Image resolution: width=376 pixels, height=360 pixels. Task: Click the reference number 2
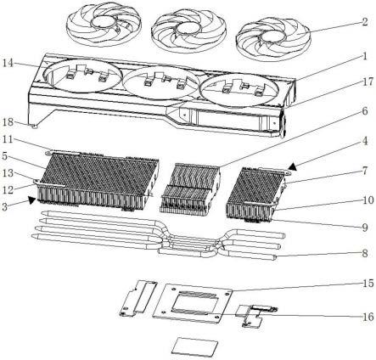coord(365,22)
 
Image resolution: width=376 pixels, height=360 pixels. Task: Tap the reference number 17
coord(368,82)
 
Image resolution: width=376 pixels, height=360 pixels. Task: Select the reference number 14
coord(8,63)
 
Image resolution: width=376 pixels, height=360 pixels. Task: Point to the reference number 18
coord(8,122)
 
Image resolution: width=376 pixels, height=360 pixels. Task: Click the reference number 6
coord(365,111)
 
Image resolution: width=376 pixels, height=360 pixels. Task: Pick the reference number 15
coord(368,284)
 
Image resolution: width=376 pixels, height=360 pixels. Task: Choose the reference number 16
coord(368,317)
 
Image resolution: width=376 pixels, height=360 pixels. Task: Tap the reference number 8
coord(365,253)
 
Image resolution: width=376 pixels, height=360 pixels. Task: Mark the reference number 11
coord(8,139)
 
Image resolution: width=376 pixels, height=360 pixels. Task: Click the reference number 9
coord(365,227)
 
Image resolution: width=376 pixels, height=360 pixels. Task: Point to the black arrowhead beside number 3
coord(32,200)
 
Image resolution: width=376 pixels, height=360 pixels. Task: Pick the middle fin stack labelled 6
coord(189,188)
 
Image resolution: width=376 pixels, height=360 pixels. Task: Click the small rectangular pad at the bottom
coord(195,346)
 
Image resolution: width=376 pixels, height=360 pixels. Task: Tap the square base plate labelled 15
coord(193,303)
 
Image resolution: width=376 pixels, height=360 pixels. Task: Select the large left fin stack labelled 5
coord(96,181)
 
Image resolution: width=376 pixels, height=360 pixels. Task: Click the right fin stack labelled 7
coord(256,194)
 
